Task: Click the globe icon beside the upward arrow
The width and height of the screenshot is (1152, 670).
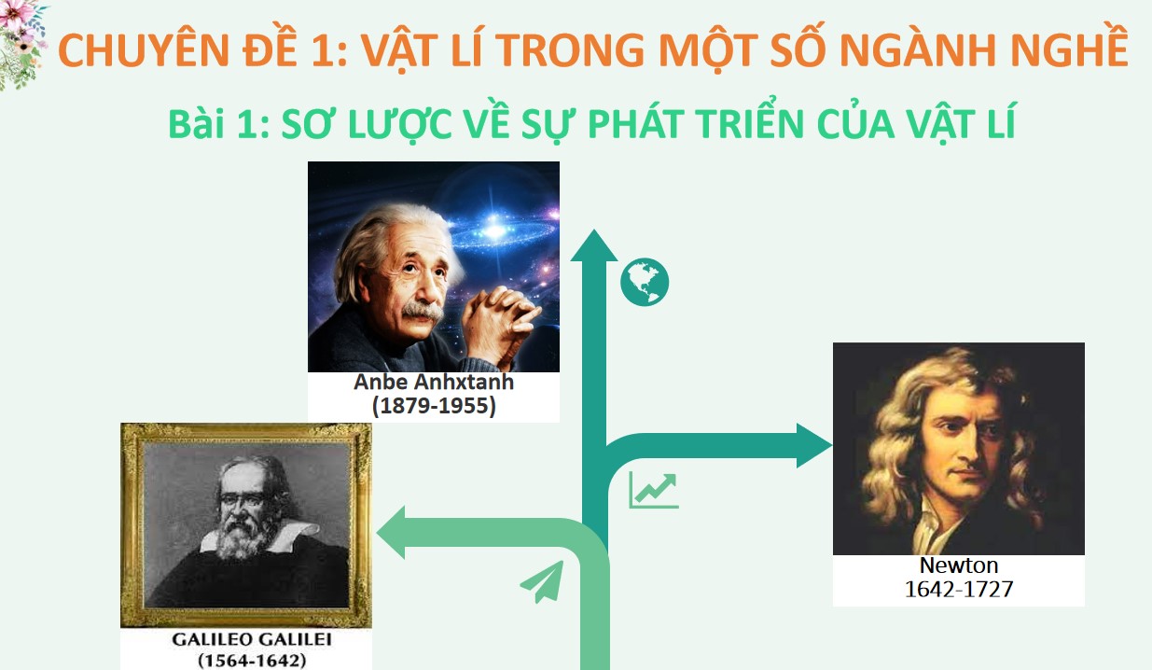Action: pos(645,281)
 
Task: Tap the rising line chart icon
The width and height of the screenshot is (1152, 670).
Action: pos(654,490)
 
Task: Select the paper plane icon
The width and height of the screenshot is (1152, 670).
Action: pos(542,582)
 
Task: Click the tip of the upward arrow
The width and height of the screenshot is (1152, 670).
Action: pos(593,235)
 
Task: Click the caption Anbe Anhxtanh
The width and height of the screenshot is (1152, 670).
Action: pos(434,383)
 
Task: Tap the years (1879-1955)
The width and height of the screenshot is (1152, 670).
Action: pos(434,406)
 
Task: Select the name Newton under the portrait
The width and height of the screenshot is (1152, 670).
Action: pos(959,565)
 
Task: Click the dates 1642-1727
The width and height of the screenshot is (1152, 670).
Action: pos(959,589)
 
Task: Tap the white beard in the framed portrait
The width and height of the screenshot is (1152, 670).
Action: pos(242,539)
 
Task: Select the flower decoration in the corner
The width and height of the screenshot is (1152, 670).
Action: pos(21,42)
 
